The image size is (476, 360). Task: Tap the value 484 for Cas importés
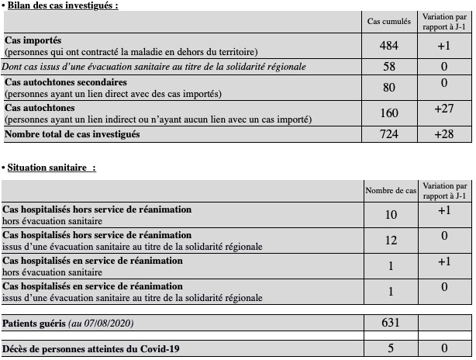389,46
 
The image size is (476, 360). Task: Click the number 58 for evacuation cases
389,67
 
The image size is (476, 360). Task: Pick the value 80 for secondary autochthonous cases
389,88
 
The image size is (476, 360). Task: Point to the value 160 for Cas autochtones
389,113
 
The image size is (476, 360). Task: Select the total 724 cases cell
389,135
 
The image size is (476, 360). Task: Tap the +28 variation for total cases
444,135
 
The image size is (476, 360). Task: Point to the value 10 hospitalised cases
391,214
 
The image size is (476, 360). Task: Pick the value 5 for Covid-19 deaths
391,348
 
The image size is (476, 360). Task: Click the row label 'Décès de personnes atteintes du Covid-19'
91,348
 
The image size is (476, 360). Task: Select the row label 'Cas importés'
33,40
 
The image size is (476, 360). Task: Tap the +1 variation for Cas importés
444,46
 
